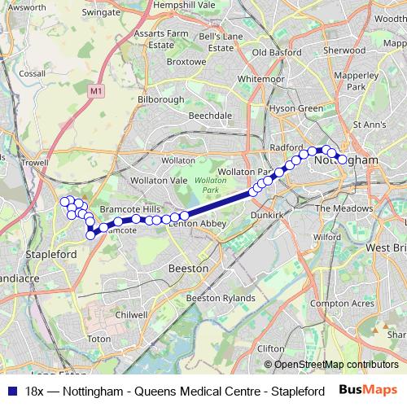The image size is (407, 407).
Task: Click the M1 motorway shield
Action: [x=98, y=91]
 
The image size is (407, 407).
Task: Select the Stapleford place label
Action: [x=51, y=254]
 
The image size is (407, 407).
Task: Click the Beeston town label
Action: [x=187, y=268]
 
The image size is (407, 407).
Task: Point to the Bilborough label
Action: [x=161, y=99]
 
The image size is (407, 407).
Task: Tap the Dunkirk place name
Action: [x=266, y=215]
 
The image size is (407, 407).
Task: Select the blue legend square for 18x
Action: [x=11, y=391]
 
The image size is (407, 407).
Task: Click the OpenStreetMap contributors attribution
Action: [x=330, y=365]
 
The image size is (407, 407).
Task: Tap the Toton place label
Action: [x=98, y=338]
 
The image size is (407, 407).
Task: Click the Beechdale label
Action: [x=210, y=116]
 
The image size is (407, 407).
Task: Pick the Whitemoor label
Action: [x=261, y=79]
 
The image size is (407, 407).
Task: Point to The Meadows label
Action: [x=343, y=208]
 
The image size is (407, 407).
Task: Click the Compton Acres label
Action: [x=342, y=303]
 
